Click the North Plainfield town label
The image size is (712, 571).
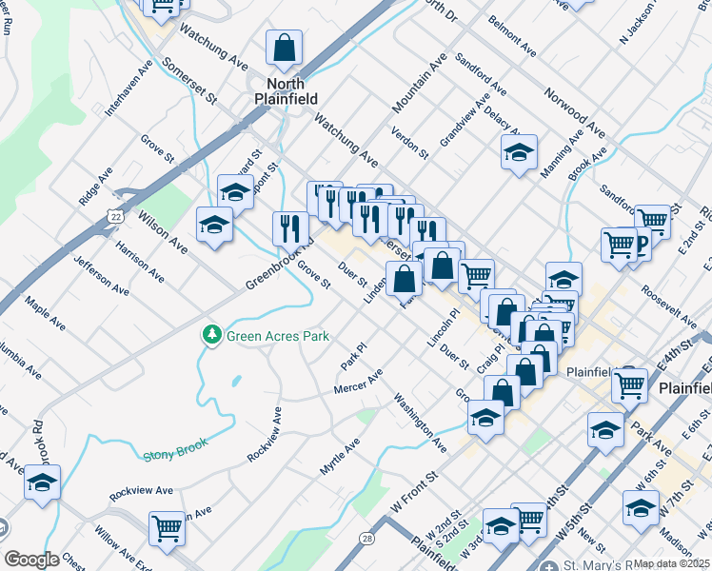[279, 89]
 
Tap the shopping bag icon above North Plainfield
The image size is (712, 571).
[284, 47]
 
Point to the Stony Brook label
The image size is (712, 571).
[175, 455]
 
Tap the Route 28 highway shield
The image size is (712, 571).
[366, 538]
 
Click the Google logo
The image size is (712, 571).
[31, 560]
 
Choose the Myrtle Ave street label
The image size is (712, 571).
[339, 458]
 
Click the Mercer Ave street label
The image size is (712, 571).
[357, 382]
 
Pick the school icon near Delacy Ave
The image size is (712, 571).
[519, 152]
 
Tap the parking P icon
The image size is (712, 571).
[641, 246]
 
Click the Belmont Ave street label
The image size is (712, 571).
[511, 32]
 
